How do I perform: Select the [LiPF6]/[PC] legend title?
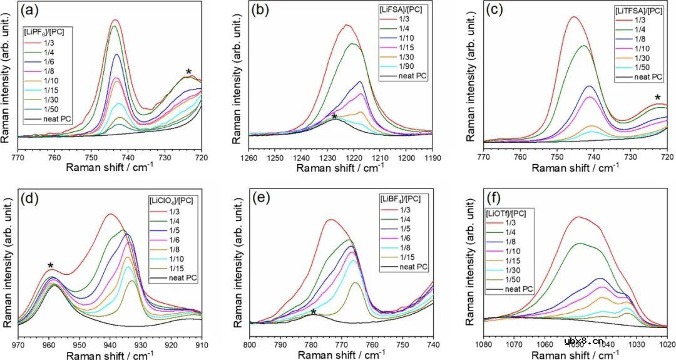[46, 31]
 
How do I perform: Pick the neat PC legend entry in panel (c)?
[648, 77]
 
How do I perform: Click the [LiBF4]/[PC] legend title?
[401, 198]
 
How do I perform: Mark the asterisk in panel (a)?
[189, 72]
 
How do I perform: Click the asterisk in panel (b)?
[334, 117]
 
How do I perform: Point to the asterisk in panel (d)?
[51, 265]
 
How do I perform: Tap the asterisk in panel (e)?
[314, 312]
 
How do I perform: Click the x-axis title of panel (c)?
[575, 168]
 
